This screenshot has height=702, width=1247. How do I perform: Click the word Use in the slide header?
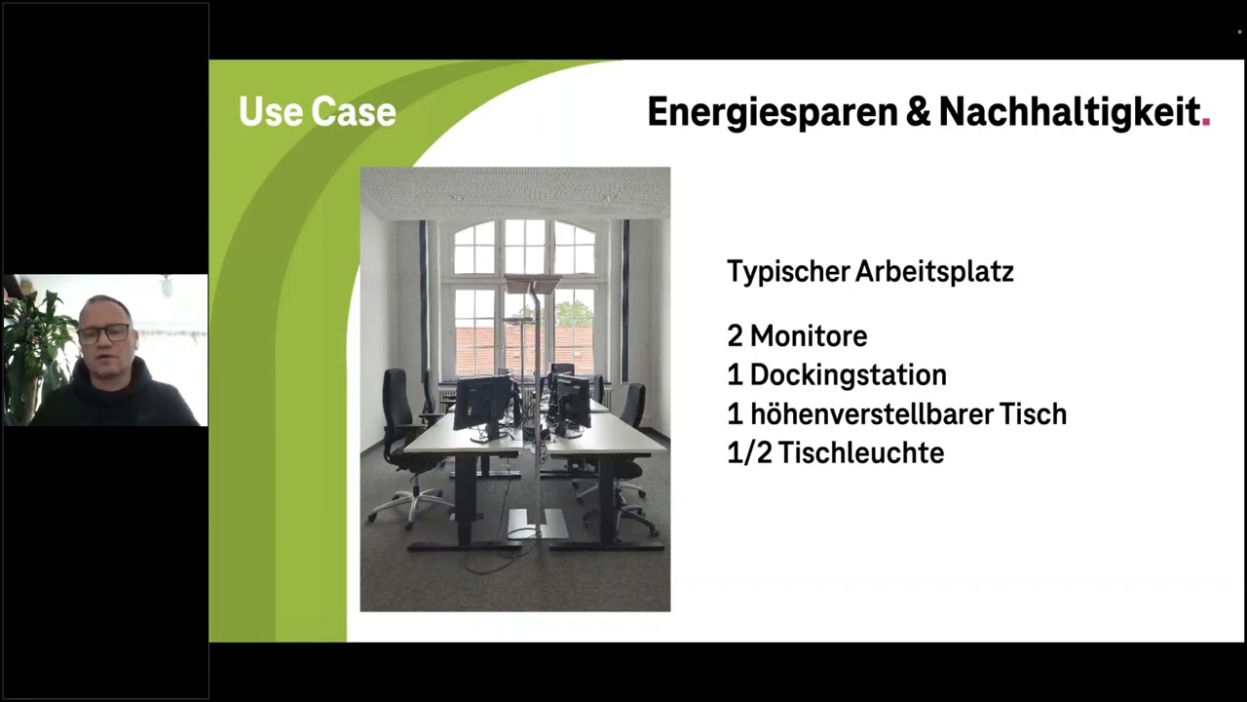point(271,111)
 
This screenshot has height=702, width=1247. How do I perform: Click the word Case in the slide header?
point(354,111)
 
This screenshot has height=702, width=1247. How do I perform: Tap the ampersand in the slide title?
point(919,111)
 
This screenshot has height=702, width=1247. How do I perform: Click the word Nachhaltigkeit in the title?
point(1070,113)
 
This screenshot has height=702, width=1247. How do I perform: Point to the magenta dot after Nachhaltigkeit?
point(1206,122)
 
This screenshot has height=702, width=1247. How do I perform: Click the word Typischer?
point(788,272)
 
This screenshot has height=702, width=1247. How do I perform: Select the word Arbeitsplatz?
point(934,272)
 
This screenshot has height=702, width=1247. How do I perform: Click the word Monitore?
point(809,336)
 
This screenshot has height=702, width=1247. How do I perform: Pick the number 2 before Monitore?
point(735,336)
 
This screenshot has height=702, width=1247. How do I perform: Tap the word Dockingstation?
point(848,375)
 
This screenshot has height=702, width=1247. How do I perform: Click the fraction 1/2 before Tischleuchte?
point(749,452)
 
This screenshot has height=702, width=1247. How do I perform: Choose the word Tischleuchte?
point(860,452)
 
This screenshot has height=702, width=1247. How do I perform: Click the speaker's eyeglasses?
point(104,333)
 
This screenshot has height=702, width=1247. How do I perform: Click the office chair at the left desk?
point(405,446)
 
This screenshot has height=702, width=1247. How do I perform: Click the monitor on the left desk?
point(483,403)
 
